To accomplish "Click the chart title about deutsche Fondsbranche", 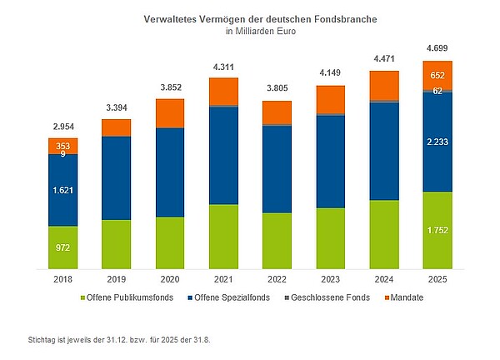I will [260, 17].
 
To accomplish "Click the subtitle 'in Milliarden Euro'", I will [260, 31].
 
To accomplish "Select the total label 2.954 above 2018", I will [62, 126].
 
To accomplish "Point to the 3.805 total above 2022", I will [277, 89].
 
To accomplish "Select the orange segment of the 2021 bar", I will [223, 91].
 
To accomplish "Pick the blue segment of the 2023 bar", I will [330, 161].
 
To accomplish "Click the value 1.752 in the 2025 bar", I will [437, 229].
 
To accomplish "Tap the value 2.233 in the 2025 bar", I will [437, 142].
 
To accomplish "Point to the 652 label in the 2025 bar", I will [437, 75].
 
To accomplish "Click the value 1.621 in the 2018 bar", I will [62, 191].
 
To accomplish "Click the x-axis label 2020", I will [170, 281].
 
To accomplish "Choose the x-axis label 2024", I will [384, 281].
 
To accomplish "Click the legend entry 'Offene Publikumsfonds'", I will [130, 298].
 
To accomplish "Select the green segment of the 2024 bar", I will [384, 235].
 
